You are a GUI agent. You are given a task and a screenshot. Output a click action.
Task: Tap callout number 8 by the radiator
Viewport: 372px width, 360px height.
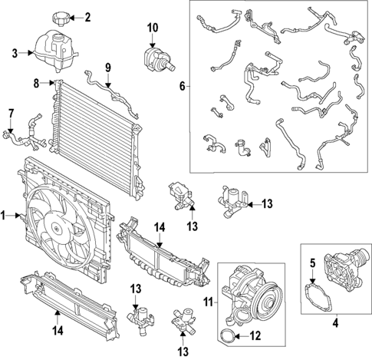36,81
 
